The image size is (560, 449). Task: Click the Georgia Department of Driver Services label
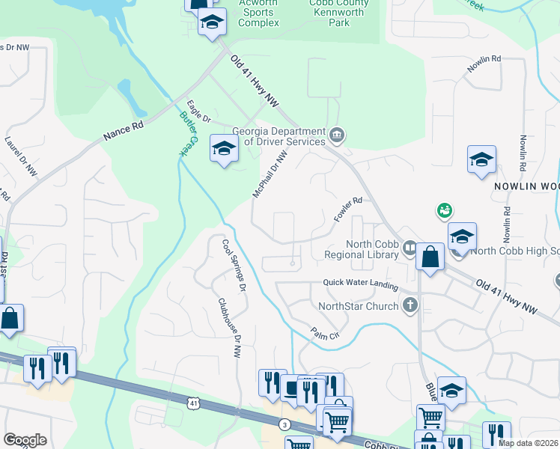tap(279, 135)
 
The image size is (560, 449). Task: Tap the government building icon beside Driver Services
tap(337, 135)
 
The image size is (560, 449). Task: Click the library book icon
tap(410, 248)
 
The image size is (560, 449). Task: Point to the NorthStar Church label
tap(359, 305)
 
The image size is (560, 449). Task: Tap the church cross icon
tap(410, 305)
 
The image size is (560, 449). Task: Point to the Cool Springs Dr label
tap(234, 264)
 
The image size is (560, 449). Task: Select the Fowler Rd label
tap(348, 210)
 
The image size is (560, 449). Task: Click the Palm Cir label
tap(326, 332)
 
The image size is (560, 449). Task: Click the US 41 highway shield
tap(195, 403)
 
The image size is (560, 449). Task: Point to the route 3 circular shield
tap(284, 424)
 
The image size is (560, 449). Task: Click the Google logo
tap(25, 440)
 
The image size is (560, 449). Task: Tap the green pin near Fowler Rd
tap(444, 211)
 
